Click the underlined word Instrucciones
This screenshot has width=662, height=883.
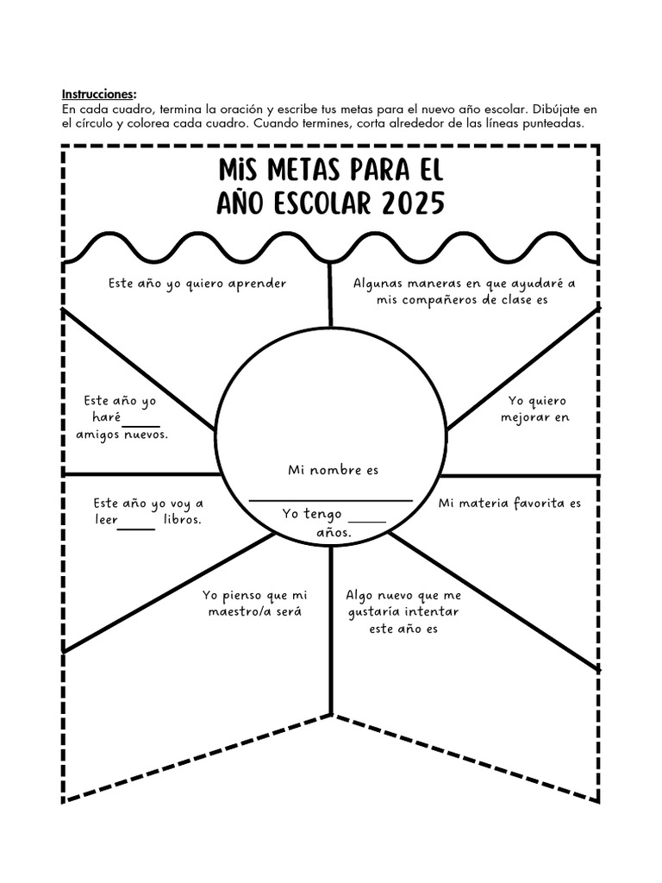click(x=98, y=94)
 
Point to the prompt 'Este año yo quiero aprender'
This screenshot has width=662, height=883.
click(x=197, y=283)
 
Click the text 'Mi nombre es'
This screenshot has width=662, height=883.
click(x=333, y=470)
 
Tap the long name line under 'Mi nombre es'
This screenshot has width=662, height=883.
click(x=331, y=500)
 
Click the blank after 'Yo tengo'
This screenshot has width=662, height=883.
click(x=368, y=520)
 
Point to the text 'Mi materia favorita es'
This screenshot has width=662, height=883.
click(x=510, y=503)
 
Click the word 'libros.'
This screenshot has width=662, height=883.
click(x=182, y=520)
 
